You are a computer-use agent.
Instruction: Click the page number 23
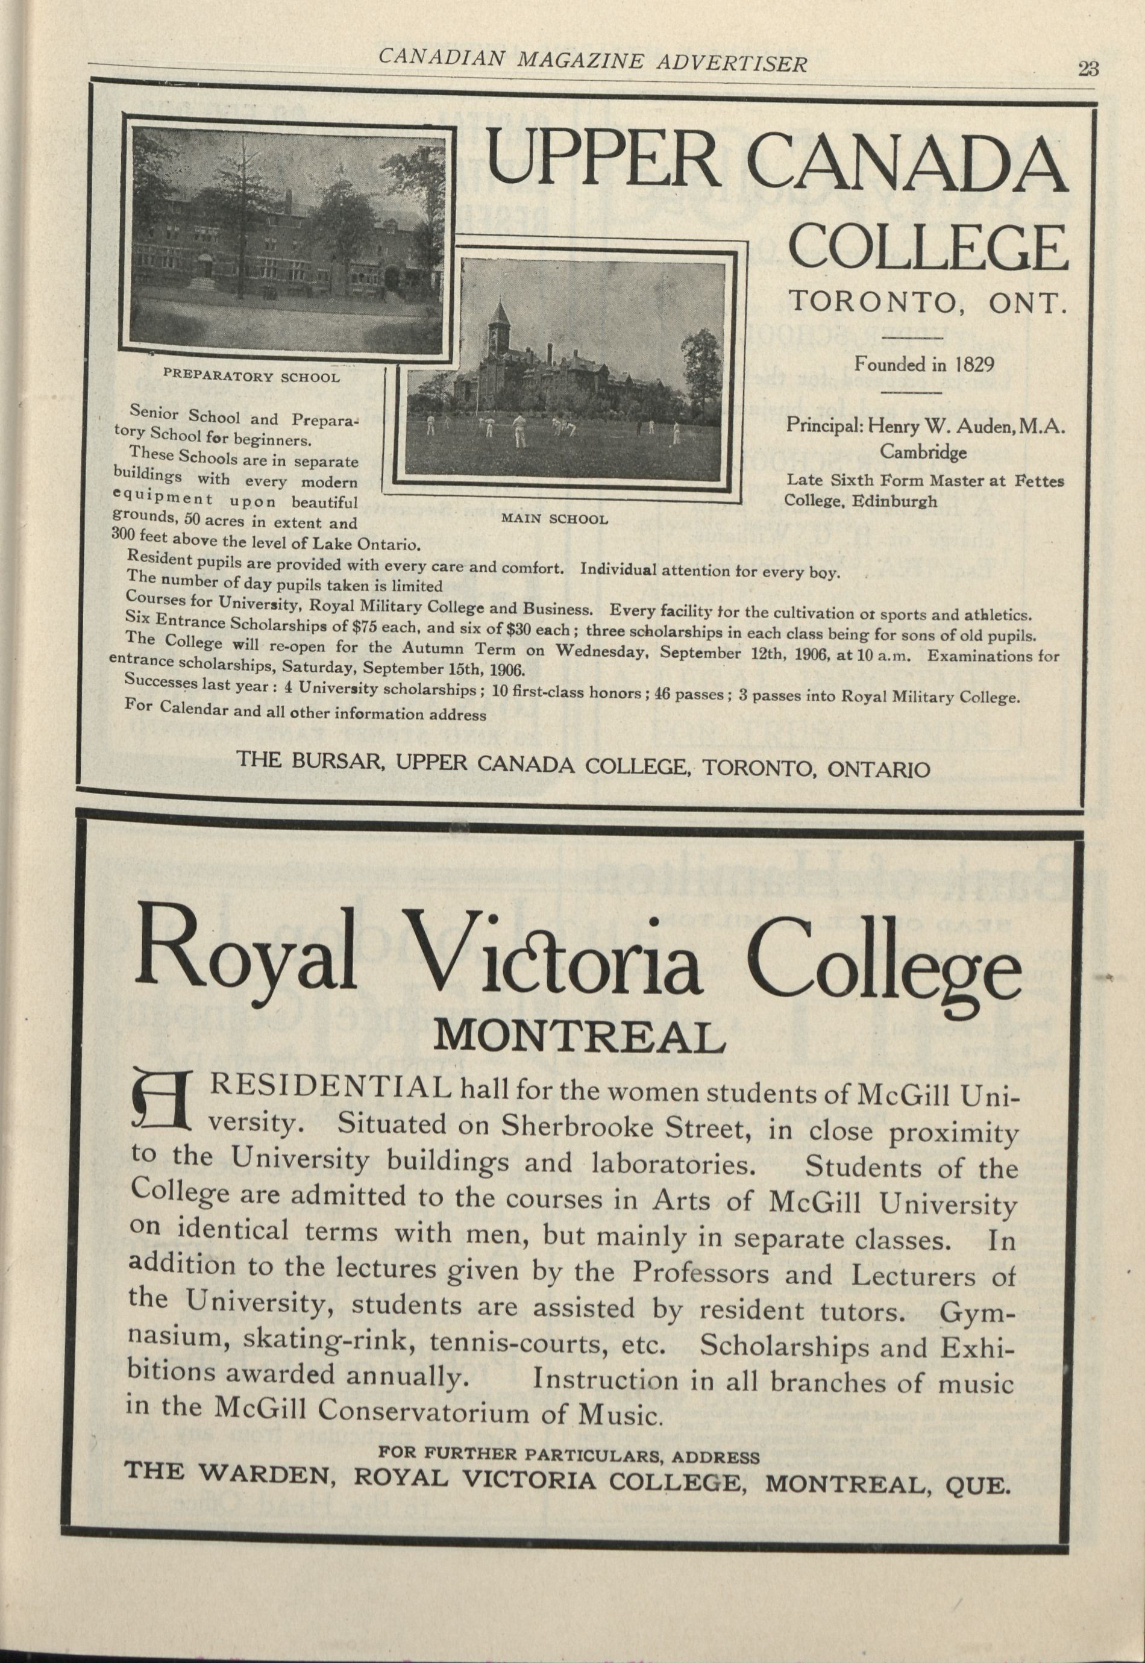click(1088, 68)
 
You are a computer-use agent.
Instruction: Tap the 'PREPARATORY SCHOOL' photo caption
click(252, 377)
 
